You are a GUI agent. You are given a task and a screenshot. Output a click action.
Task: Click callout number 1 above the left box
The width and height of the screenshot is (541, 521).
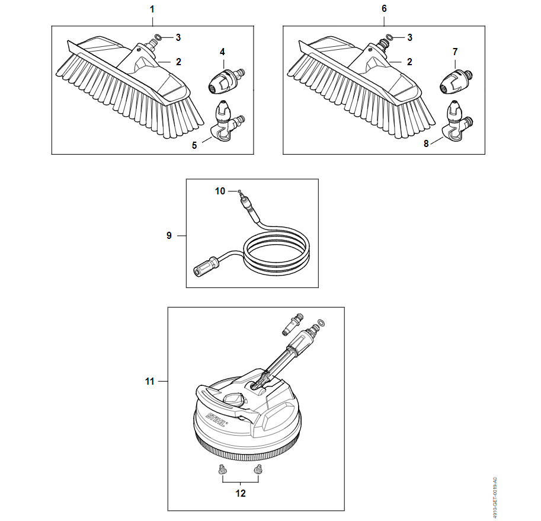(x=152, y=9)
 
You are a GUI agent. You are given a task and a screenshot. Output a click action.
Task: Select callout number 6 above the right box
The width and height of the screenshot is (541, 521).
(x=384, y=9)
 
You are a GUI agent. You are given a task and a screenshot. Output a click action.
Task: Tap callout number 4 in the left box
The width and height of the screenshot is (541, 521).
(x=222, y=52)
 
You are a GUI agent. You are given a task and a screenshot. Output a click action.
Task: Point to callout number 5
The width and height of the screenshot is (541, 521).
(x=194, y=145)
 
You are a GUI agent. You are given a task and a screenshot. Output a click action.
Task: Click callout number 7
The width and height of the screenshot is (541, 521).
(x=455, y=52)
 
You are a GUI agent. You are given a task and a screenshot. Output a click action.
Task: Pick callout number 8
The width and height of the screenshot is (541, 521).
(x=426, y=143)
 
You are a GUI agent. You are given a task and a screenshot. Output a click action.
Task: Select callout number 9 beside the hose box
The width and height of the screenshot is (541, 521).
(x=169, y=235)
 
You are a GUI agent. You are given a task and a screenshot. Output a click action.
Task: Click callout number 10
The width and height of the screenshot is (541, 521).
(x=220, y=191)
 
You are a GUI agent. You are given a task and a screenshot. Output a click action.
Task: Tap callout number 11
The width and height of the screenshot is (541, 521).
(x=149, y=381)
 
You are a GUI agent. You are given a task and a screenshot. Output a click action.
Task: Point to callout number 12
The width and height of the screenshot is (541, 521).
(x=241, y=493)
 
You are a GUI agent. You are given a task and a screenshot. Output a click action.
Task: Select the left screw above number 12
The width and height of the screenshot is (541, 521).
(x=222, y=469)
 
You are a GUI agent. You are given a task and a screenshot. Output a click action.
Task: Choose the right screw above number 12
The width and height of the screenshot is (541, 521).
(x=257, y=469)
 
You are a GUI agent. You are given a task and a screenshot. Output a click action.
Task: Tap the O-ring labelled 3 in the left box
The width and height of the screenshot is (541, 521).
(x=158, y=37)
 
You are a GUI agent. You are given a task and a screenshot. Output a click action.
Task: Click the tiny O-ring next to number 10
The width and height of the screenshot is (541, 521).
(x=238, y=190)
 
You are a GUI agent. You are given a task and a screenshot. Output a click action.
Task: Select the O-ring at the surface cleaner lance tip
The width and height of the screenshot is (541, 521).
(x=321, y=323)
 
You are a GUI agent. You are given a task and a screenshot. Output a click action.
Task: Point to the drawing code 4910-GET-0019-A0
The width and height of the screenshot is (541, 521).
(x=495, y=498)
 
